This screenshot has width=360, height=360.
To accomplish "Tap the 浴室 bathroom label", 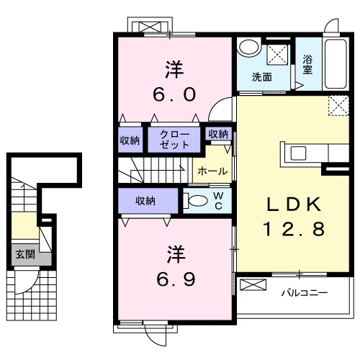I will click(308, 65).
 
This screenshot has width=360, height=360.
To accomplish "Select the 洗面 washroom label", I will click(261, 77).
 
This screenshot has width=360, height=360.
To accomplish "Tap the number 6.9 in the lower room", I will click(174, 278).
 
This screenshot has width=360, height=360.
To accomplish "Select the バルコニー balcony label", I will click(304, 294).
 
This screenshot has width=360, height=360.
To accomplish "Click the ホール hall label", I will click(212, 171).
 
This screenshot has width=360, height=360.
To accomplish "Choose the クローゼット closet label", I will click(175, 138).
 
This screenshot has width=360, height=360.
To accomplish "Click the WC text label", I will click(220, 199).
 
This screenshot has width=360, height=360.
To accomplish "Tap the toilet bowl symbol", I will click(196, 200).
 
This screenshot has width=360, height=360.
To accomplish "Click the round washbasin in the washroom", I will click(249, 48).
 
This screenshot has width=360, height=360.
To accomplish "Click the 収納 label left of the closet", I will click(130, 139).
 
